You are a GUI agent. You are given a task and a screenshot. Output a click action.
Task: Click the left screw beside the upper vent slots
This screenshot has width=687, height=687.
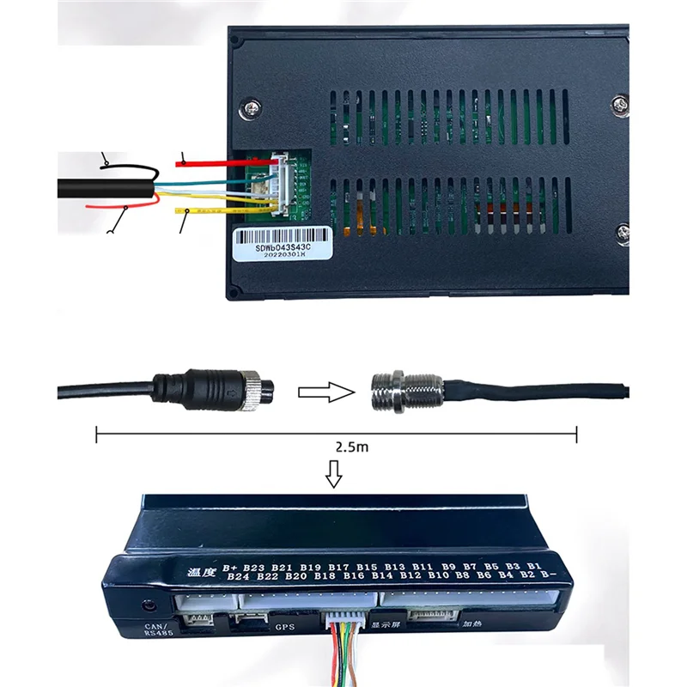click(251, 109)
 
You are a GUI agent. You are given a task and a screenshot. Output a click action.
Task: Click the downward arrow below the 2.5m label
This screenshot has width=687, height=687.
click(336, 472)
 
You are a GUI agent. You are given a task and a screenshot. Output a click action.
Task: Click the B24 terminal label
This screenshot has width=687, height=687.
click(238, 577)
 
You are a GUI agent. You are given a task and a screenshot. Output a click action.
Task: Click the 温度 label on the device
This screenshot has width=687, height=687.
click(200, 569)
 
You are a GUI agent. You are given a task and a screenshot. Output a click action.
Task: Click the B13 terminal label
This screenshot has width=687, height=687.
click(394, 567)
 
